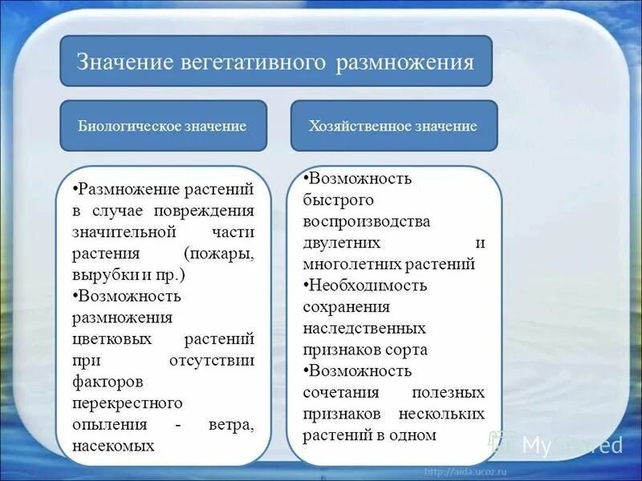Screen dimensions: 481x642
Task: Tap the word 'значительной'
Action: pos(124,232)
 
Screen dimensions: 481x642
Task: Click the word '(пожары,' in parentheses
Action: pos(218,253)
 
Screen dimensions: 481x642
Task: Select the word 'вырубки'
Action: pos(100,275)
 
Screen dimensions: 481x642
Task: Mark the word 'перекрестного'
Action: pos(127,402)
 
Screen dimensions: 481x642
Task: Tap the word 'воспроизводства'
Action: pos(367,220)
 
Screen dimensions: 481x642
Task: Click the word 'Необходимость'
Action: pos(368,285)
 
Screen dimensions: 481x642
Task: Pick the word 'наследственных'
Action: pos(364,329)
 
